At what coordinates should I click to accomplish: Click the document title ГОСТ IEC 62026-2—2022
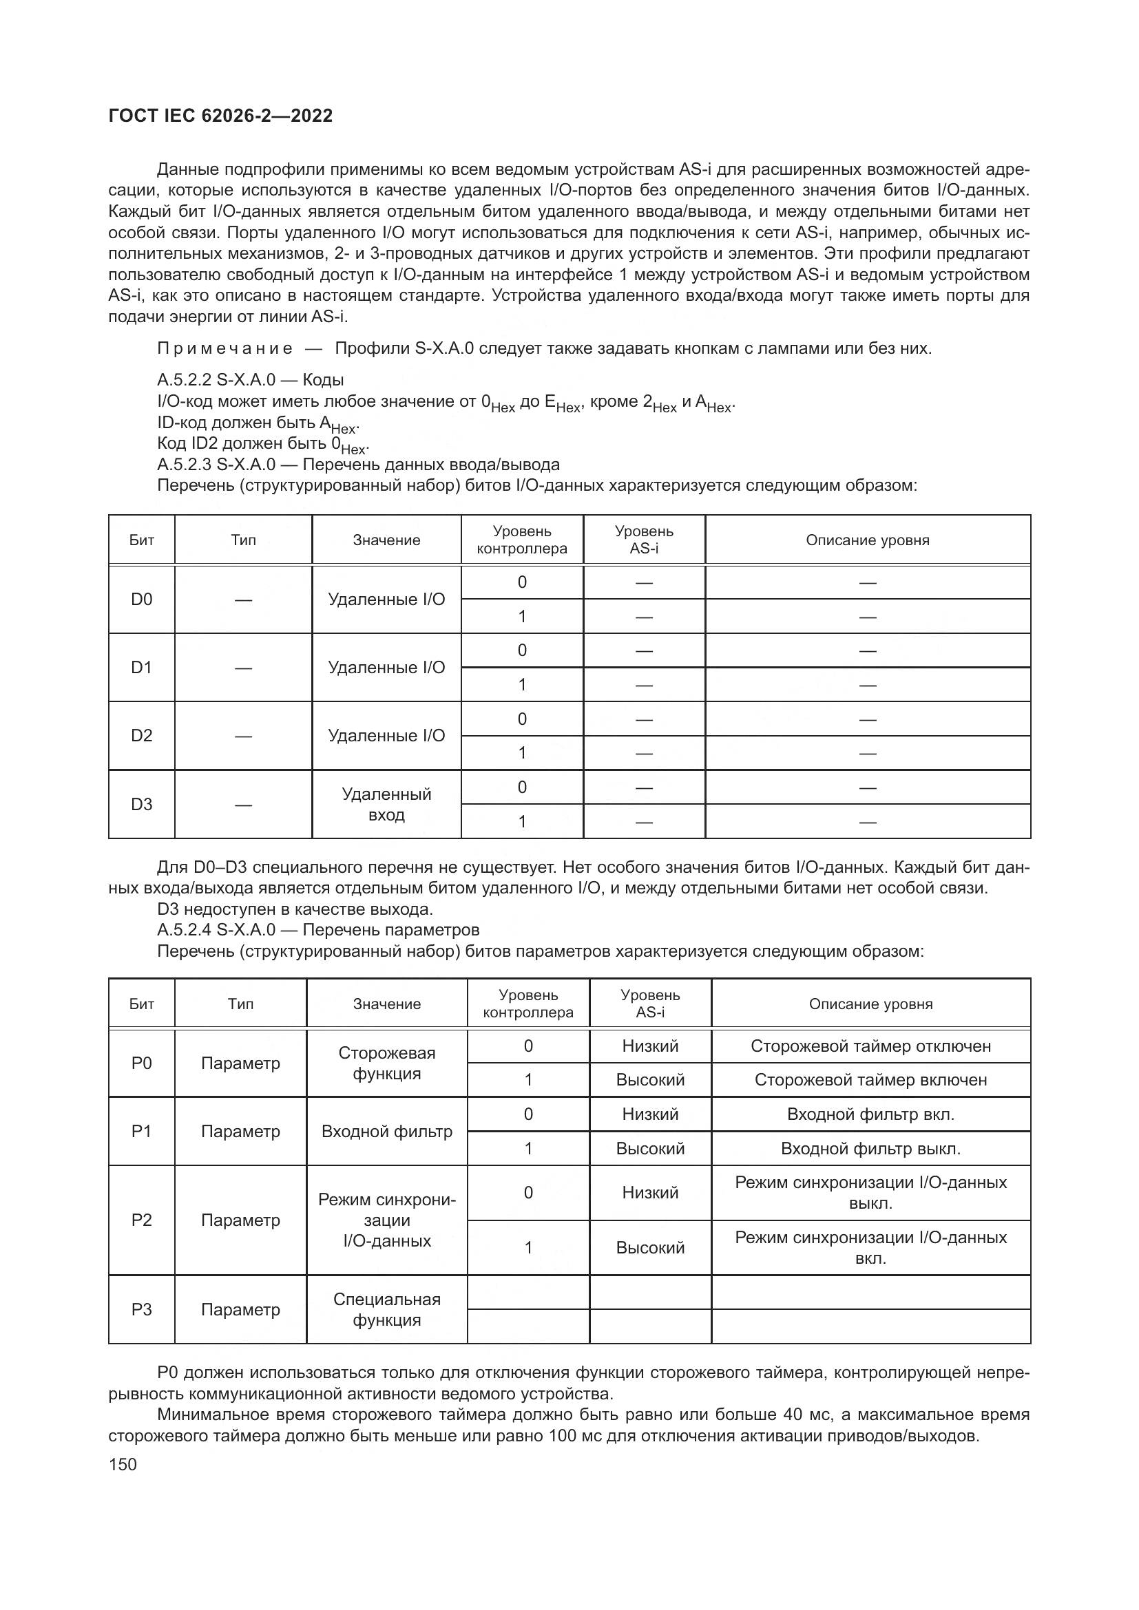(x=220, y=116)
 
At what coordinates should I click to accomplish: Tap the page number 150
(x=123, y=1464)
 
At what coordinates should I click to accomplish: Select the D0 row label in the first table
(x=142, y=600)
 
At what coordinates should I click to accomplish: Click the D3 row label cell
(x=142, y=804)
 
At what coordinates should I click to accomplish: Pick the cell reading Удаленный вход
(x=386, y=804)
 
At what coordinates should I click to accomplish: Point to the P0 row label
(x=142, y=1063)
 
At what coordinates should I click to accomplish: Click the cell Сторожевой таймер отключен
(x=870, y=1046)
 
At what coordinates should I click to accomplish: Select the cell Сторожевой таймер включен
(x=870, y=1080)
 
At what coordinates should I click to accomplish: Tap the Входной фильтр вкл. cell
(x=870, y=1114)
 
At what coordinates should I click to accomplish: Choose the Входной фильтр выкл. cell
(x=870, y=1149)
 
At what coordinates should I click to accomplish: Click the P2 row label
(x=142, y=1220)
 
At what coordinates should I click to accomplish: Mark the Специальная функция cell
(x=386, y=1309)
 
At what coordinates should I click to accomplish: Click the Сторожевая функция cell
(x=386, y=1063)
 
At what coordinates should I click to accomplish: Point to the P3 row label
(x=142, y=1309)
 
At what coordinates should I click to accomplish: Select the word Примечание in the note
(x=224, y=348)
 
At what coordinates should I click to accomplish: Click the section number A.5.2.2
(x=184, y=381)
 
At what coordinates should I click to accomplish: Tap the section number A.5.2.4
(x=184, y=930)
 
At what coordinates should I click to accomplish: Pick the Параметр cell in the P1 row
(x=240, y=1131)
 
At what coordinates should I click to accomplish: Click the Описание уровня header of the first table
(x=867, y=540)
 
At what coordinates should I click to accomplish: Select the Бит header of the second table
(x=142, y=1004)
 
